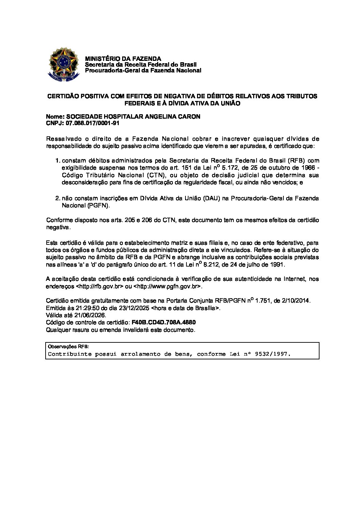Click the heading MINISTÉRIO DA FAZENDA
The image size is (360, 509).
tap(123, 59)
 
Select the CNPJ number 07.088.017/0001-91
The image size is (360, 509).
tap(92, 123)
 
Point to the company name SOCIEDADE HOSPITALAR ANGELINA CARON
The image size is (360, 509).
tap(133, 117)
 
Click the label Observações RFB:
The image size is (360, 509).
tap(68, 347)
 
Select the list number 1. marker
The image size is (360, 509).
tap(58, 160)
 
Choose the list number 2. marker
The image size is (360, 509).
tap(58, 198)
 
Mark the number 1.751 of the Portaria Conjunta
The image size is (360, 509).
tap(263, 301)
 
